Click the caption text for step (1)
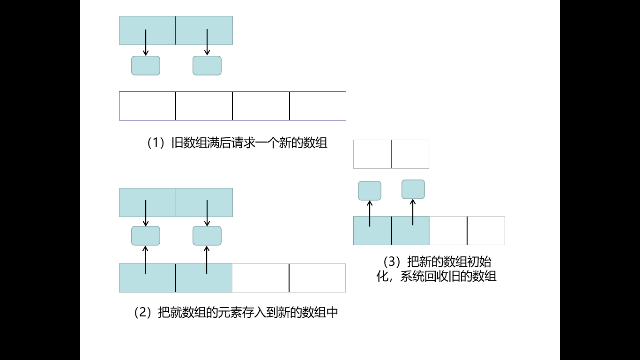point(237,143)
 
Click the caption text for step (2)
point(236,312)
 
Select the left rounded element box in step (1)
point(146,66)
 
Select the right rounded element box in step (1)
point(207,66)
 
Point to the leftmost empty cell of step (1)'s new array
point(148,106)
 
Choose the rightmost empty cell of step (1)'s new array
point(318,106)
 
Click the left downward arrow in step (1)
point(146,43)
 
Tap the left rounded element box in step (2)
point(146,236)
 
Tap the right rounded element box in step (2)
point(207,236)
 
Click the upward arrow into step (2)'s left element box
point(145,260)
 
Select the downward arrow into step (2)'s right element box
point(207,213)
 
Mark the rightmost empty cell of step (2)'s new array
point(317,278)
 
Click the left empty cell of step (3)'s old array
point(372,154)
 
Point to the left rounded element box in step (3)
point(370,191)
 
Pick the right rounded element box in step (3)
point(413,189)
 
